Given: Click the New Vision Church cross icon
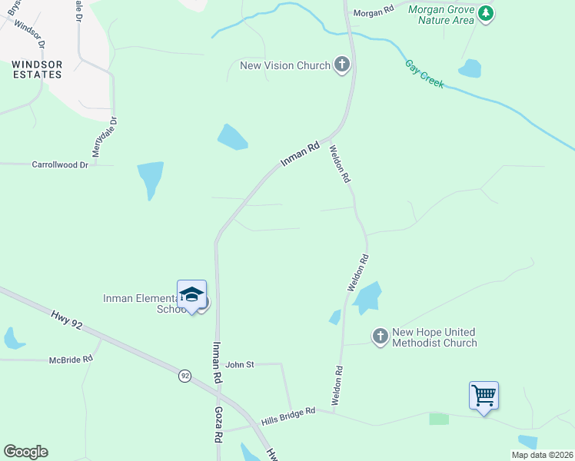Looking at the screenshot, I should click(x=342, y=65).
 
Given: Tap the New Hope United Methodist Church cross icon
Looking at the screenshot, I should click(x=380, y=336).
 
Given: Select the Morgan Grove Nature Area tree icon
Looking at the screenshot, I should click(x=485, y=13).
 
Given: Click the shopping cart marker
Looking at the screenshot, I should click(x=484, y=396).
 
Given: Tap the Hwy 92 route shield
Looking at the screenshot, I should click(x=184, y=376).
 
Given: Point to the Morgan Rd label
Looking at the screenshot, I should click(x=373, y=12).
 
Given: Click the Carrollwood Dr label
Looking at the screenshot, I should click(x=61, y=164).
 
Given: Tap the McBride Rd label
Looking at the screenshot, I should click(x=71, y=359).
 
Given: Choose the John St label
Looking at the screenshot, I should click(x=240, y=364).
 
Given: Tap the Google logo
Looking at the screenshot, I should click(x=25, y=452).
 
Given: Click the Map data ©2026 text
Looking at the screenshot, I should click(x=542, y=455).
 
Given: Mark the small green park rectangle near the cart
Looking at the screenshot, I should click(x=439, y=419).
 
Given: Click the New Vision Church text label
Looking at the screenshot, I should click(x=285, y=65).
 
